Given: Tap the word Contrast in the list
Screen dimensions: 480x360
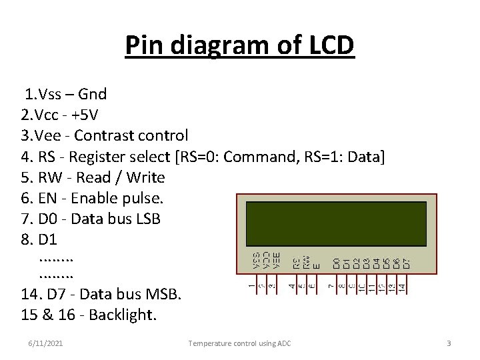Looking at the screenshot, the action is point(104,135).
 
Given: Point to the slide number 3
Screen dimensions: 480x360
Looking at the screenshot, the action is point(449,343).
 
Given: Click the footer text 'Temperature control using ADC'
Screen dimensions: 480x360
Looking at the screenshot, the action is point(239,343).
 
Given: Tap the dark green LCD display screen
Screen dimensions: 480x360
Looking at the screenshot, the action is point(337,224).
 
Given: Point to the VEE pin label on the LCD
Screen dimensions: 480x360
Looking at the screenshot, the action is point(276,260).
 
